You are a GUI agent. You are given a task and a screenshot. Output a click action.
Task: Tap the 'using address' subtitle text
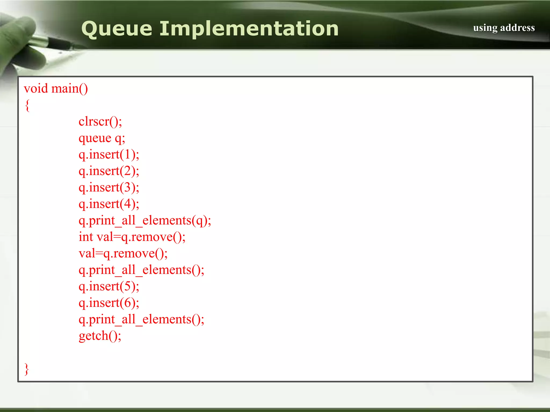[504, 28]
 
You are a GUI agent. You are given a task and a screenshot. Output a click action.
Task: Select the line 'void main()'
[56, 89]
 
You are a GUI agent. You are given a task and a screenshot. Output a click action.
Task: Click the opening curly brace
[27, 105]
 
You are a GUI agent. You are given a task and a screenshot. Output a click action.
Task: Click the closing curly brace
[27, 369]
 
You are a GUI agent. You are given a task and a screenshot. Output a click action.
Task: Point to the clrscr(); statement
[100, 122]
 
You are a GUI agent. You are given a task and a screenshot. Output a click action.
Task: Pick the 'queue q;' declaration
[102, 138]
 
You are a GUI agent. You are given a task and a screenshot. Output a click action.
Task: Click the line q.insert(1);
[109, 154]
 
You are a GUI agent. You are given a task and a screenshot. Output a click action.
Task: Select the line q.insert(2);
[109, 171]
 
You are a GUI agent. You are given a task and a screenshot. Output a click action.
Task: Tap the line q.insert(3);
[109, 187]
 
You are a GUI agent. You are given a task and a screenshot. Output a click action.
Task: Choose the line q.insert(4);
[109, 204]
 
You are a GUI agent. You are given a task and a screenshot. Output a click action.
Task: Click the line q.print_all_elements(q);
[145, 220]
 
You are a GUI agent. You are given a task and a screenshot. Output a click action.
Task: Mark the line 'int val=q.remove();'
[132, 237]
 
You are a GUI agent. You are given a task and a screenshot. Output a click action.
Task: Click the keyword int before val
[86, 237]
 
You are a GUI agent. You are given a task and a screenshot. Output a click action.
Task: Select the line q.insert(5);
[109, 286]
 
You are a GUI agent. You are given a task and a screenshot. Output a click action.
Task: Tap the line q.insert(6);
[109, 303]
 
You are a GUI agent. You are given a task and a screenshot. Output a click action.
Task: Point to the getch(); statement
[100, 336]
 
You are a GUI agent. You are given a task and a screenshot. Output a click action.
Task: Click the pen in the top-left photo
[54, 43]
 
